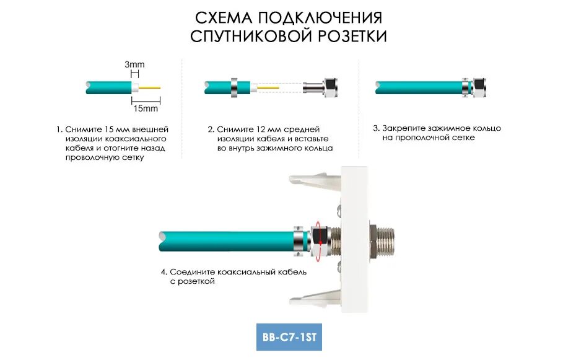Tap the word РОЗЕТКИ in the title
352,37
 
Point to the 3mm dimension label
134,64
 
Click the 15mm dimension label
146,108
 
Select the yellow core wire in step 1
149,88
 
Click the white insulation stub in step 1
134,88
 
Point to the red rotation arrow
318,239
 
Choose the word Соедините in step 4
191,272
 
